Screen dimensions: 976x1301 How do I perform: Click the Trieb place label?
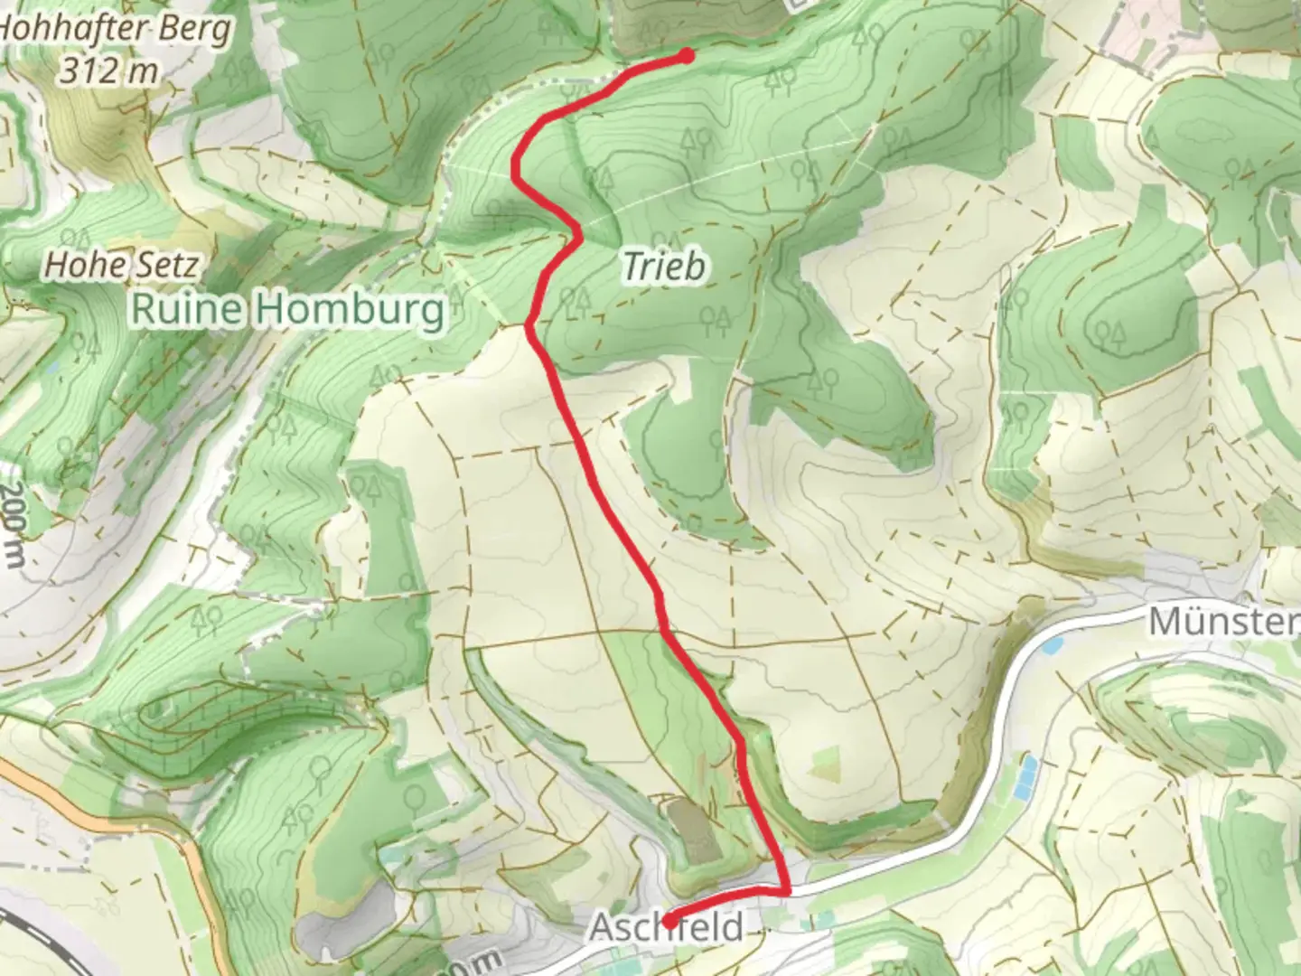664,267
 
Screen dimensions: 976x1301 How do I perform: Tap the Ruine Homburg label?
288,310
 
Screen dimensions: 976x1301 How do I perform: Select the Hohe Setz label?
121,265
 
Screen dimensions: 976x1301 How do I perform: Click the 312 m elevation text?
108,70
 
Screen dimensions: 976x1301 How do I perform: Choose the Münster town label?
1223,622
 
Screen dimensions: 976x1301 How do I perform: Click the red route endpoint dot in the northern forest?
686,56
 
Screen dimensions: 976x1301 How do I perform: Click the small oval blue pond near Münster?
1053,647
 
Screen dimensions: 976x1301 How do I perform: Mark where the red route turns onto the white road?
787,890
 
